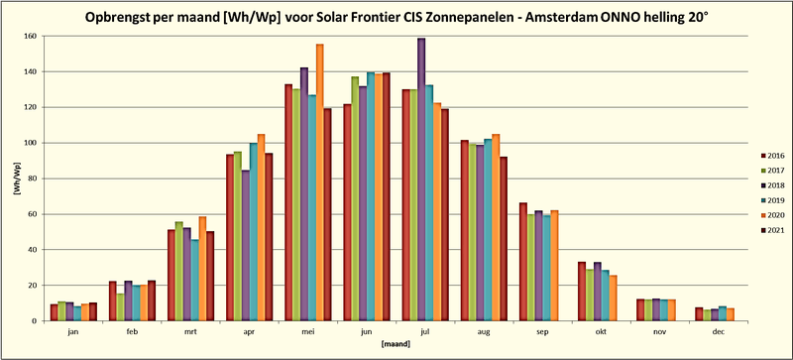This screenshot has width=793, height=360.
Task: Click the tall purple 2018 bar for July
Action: (x=421, y=179)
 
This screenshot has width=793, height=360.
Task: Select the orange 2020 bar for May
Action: (x=319, y=182)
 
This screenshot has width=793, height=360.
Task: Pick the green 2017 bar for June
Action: (x=354, y=198)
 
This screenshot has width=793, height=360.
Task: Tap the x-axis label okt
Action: (x=594, y=334)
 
